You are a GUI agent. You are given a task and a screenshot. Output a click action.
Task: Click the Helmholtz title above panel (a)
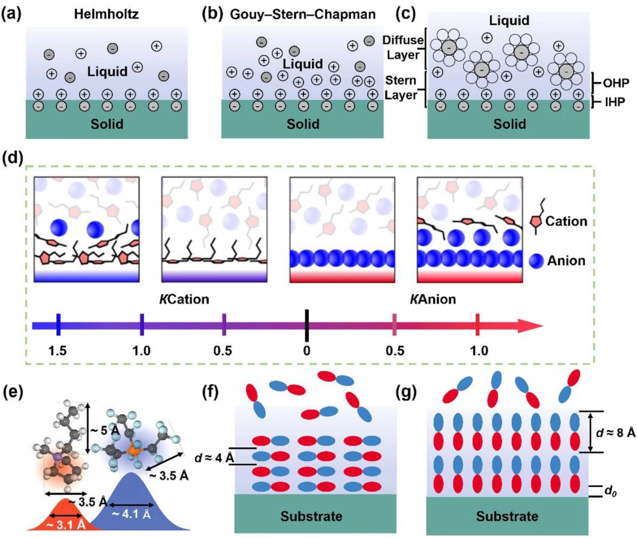point(106,13)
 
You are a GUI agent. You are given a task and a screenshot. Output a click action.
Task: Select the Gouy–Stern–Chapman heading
point(303,14)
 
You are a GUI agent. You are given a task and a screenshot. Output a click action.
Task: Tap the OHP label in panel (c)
point(616,83)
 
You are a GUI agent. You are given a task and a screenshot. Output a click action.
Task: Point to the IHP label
point(615,102)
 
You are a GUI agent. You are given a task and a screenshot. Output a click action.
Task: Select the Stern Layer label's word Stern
point(401,81)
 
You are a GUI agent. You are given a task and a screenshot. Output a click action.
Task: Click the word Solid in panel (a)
point(106,124)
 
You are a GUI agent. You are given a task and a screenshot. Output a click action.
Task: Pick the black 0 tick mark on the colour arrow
point(307,326)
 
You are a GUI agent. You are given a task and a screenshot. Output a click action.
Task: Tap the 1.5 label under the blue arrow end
point(58,351)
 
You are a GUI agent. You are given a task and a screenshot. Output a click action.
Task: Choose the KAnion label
point(432,299)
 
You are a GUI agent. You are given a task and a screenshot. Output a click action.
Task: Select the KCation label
point(184,299)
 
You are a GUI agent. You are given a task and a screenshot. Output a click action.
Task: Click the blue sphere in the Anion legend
point(536,261)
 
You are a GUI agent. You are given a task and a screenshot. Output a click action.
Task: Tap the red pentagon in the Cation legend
point(536,222)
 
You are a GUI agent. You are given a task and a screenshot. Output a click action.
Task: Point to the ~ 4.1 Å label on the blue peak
point(131,514)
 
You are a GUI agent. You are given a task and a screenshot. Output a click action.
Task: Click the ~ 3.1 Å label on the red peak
point(66,524)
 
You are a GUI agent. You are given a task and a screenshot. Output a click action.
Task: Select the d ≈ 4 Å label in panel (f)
point(214,457)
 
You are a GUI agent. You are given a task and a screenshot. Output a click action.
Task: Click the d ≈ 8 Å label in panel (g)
point(616,433)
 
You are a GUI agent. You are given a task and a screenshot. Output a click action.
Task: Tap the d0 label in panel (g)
point(610,491)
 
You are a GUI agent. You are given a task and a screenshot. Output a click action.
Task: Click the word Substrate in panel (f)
point(311,516)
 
